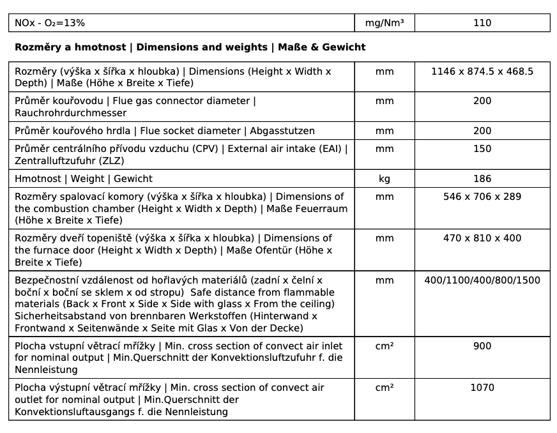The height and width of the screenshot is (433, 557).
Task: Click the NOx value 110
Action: pos(482,23)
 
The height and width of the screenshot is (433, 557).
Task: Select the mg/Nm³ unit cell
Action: pos(385,23)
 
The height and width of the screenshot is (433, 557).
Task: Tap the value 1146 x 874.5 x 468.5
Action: pos(482,72)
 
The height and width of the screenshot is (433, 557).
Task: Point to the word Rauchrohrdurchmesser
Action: pos(70,113)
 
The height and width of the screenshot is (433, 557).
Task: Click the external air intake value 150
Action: pos(482,149)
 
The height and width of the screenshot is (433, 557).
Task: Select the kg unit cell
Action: pos(385,179)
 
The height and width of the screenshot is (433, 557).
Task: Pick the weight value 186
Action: pos(482,179)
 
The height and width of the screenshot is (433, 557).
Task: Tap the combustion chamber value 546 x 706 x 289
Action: pos(482,197)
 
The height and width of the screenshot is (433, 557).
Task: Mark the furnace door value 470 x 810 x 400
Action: pos(482,238)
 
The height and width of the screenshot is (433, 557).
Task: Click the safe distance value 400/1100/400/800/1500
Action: pos(482,280)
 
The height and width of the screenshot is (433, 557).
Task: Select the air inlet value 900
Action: pos(482,346)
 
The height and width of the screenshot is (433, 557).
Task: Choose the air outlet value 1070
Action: pos(482,388)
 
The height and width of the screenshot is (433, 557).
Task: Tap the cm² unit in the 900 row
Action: pos(385,346)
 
